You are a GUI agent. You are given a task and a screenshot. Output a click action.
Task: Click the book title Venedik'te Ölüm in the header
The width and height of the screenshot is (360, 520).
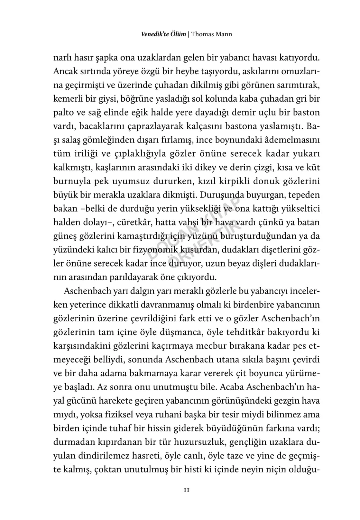coord(163,34)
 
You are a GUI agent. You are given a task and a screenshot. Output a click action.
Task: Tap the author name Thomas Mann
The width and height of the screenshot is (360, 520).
coord(211,34)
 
